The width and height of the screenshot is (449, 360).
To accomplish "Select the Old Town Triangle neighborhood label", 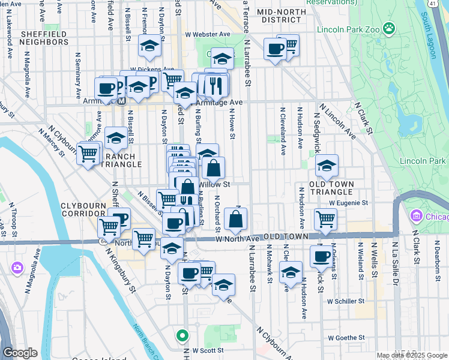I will (x=331, y=187).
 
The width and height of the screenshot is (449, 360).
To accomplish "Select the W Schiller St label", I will (x=346, y=301).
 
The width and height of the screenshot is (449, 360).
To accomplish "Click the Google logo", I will (x=20, y=353).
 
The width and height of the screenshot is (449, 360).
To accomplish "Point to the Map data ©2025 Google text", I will (x=411, y=355).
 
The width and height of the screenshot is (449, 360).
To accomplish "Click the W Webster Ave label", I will (x=208, y=35).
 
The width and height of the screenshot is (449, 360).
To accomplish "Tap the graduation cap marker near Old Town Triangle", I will (x=327, y=165).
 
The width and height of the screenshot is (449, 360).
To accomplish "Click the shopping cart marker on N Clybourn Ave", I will (x=88, y=154).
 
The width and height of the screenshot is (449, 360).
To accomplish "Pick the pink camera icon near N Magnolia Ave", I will (x=17, y=267).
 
